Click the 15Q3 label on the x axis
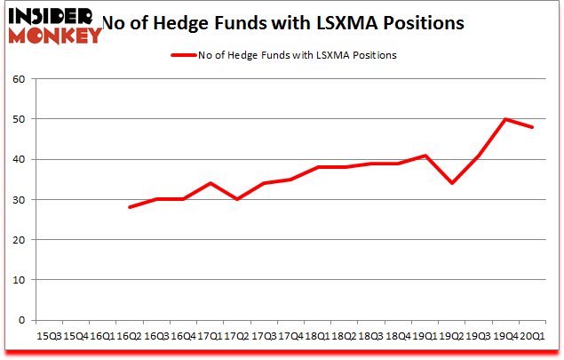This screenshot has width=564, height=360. click(x=49, y=335)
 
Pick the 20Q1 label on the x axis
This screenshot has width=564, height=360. click(x=531, y=335)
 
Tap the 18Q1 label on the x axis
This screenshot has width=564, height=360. click(x=319, y=335)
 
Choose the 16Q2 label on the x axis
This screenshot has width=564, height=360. click(x=130, y=335)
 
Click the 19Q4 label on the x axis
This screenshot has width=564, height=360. click(x=505, y=335)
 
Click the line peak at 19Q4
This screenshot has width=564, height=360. click(x=506, y=119)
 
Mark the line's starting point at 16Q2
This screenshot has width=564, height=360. click(x=130, y=207)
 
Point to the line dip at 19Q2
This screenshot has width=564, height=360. click(x=453, y=183)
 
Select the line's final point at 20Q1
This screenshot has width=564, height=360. click(x=532, y=127)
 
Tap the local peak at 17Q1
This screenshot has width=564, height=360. click(x=209, y=183)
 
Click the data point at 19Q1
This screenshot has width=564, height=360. click(x=426, y=156)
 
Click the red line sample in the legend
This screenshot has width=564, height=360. click(x=184, y=55)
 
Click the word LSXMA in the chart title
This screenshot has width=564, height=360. click(x=343, y=23)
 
